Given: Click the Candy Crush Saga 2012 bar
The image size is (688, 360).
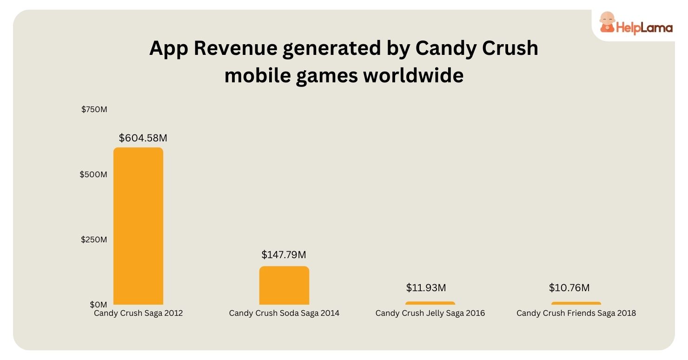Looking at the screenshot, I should point(138,226).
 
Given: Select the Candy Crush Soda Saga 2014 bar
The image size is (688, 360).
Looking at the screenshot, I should point(284,286).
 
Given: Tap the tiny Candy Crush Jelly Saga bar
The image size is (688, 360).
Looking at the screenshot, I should point(430,303).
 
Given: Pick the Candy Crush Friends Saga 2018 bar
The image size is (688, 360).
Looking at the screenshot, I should point(576,303).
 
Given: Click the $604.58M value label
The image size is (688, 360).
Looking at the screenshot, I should point(143,138).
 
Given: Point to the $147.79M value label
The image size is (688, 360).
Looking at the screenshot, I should point(284,255).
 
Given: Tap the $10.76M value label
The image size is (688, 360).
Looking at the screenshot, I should point(569,288).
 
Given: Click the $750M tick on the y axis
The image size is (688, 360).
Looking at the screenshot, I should point(94,110).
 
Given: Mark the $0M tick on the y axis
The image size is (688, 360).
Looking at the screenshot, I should point(98,304).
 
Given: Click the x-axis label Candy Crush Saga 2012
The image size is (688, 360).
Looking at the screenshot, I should point(138,313).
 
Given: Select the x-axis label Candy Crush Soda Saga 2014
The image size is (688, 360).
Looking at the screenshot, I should point(284,313).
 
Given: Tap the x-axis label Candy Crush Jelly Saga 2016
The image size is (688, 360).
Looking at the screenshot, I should point(430,313).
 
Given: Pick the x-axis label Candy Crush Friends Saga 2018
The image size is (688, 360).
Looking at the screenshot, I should point(576,313).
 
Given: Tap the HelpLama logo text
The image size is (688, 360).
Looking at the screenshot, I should point(644,27).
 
